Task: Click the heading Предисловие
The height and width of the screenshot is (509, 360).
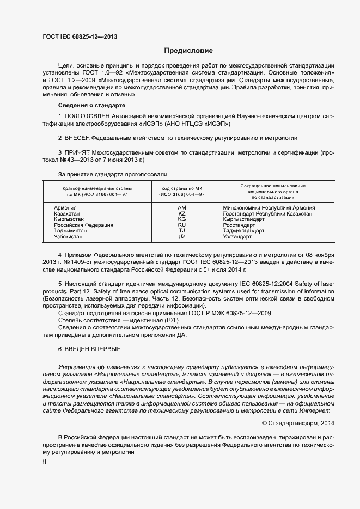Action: [x=188, y=51]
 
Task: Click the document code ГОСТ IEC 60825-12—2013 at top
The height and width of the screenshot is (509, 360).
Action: [x=80, y=37]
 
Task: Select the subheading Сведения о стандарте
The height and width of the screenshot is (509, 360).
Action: [x=91, y=105]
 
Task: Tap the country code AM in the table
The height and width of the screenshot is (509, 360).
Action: [x=182, y=208]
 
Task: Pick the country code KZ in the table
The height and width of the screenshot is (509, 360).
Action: [x=182, y=214]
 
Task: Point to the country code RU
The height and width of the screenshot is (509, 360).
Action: [x=182, y=225]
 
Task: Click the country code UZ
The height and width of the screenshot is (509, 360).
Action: [x=182, y=237]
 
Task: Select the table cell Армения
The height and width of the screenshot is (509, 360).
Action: [x=65, y=208]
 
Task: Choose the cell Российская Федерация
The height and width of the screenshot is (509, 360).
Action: [x=83, y=225]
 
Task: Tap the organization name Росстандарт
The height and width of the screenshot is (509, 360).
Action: [x=239, y=225]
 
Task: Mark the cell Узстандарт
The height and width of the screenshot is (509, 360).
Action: [x=237, y=237]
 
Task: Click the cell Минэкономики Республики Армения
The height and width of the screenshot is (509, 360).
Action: [x=269, y=208]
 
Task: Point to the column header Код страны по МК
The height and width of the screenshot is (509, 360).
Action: [x=182, y=188]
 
